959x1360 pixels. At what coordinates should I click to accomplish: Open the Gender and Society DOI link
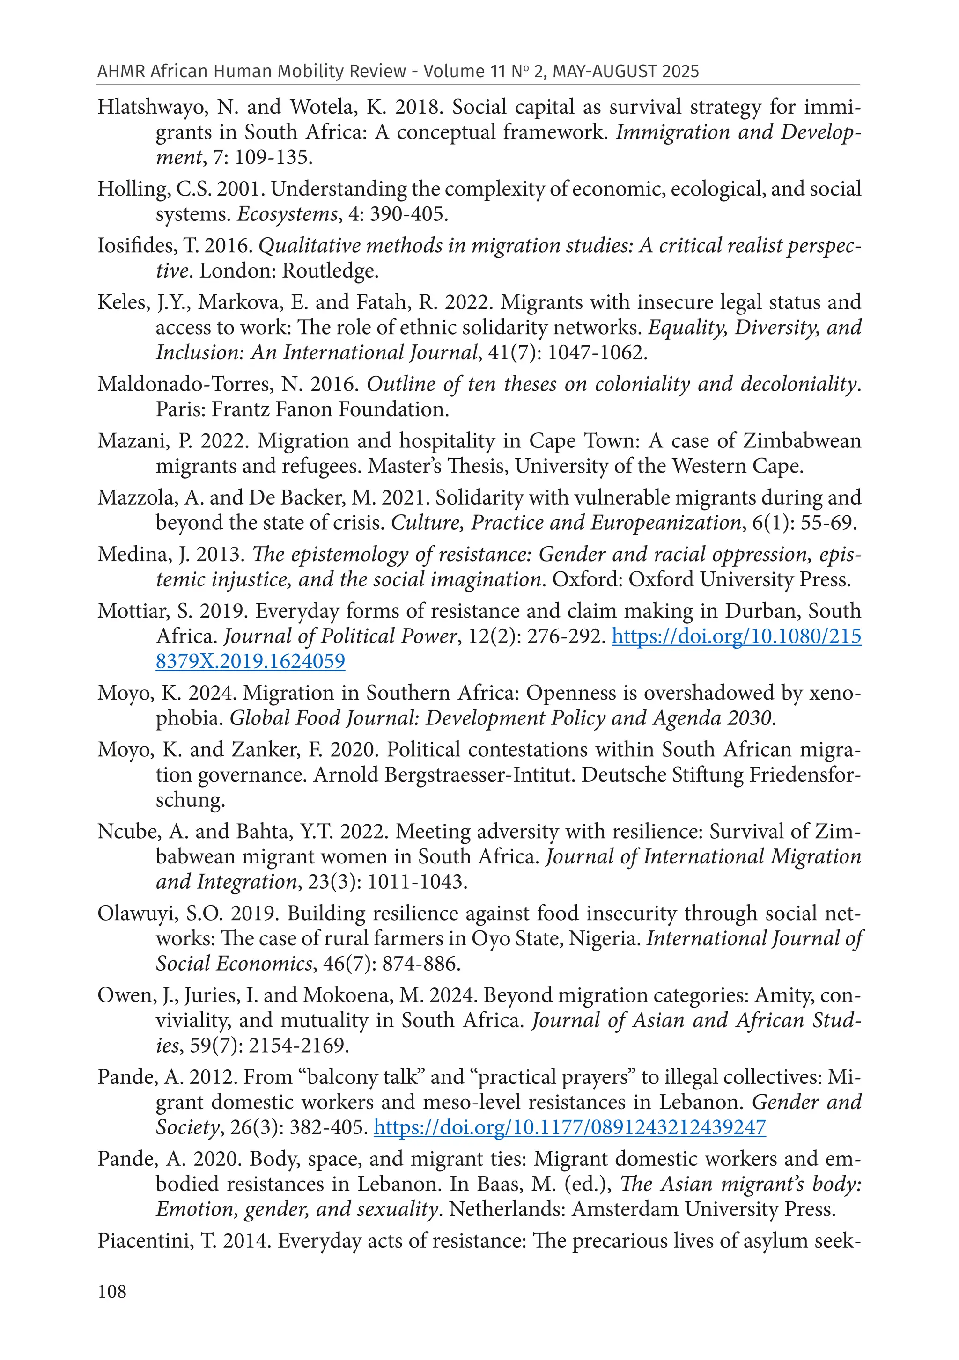pyautogui.click(x=569, y=1126)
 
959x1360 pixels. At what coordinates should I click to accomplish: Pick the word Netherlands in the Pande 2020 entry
pyautogui.click(x=507, y=1208)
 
